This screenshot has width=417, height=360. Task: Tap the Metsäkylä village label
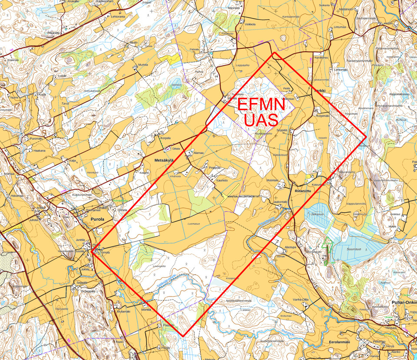point(164,160)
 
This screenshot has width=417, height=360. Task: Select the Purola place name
point(97,220)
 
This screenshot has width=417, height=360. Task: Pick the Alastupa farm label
point(290,247)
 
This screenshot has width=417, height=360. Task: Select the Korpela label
point(165,138)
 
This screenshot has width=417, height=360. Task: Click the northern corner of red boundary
point(274,53)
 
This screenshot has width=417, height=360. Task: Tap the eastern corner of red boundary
point(366,137)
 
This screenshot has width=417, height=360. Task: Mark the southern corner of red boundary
point(184,336)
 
